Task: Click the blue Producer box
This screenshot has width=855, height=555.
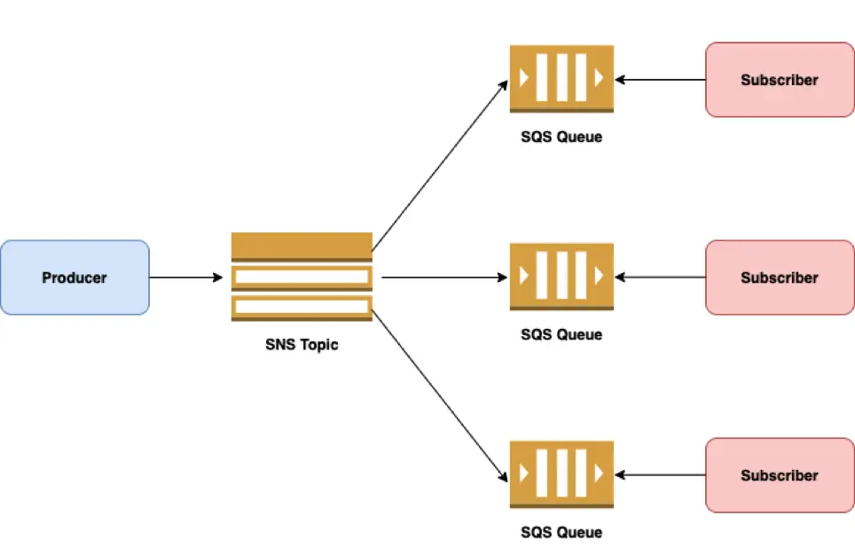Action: click(75, 277)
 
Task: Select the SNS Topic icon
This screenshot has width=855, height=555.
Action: click(302, 277)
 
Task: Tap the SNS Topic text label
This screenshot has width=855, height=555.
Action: click(302, 345)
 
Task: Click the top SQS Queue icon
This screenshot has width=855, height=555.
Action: click(561, 78)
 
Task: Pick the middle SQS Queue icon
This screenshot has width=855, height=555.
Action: click(561, 277)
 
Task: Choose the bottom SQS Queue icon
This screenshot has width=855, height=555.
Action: click(561, 474)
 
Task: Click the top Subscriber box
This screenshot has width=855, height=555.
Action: click(780, 80)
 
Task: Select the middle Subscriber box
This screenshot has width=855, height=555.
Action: click(780, 277)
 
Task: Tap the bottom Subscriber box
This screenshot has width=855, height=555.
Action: click(780, 475)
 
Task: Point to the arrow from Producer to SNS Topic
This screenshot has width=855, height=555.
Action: click(185, 277)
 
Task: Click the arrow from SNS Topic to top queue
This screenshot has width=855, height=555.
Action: click(440, 165)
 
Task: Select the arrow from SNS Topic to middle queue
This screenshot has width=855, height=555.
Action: click(443, 277)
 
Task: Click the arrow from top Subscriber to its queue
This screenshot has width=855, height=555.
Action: click(661, 80)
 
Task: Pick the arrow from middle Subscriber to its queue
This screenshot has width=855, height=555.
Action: click(661, 277)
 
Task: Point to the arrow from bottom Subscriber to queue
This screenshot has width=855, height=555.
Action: click(661, 475)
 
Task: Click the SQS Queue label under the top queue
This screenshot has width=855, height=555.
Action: click(561, 137)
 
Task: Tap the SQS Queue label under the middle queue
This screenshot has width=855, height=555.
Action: click(561, 334)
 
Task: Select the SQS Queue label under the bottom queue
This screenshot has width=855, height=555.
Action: click(561, 532)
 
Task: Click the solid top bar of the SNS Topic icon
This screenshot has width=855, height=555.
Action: click(302, 245)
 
